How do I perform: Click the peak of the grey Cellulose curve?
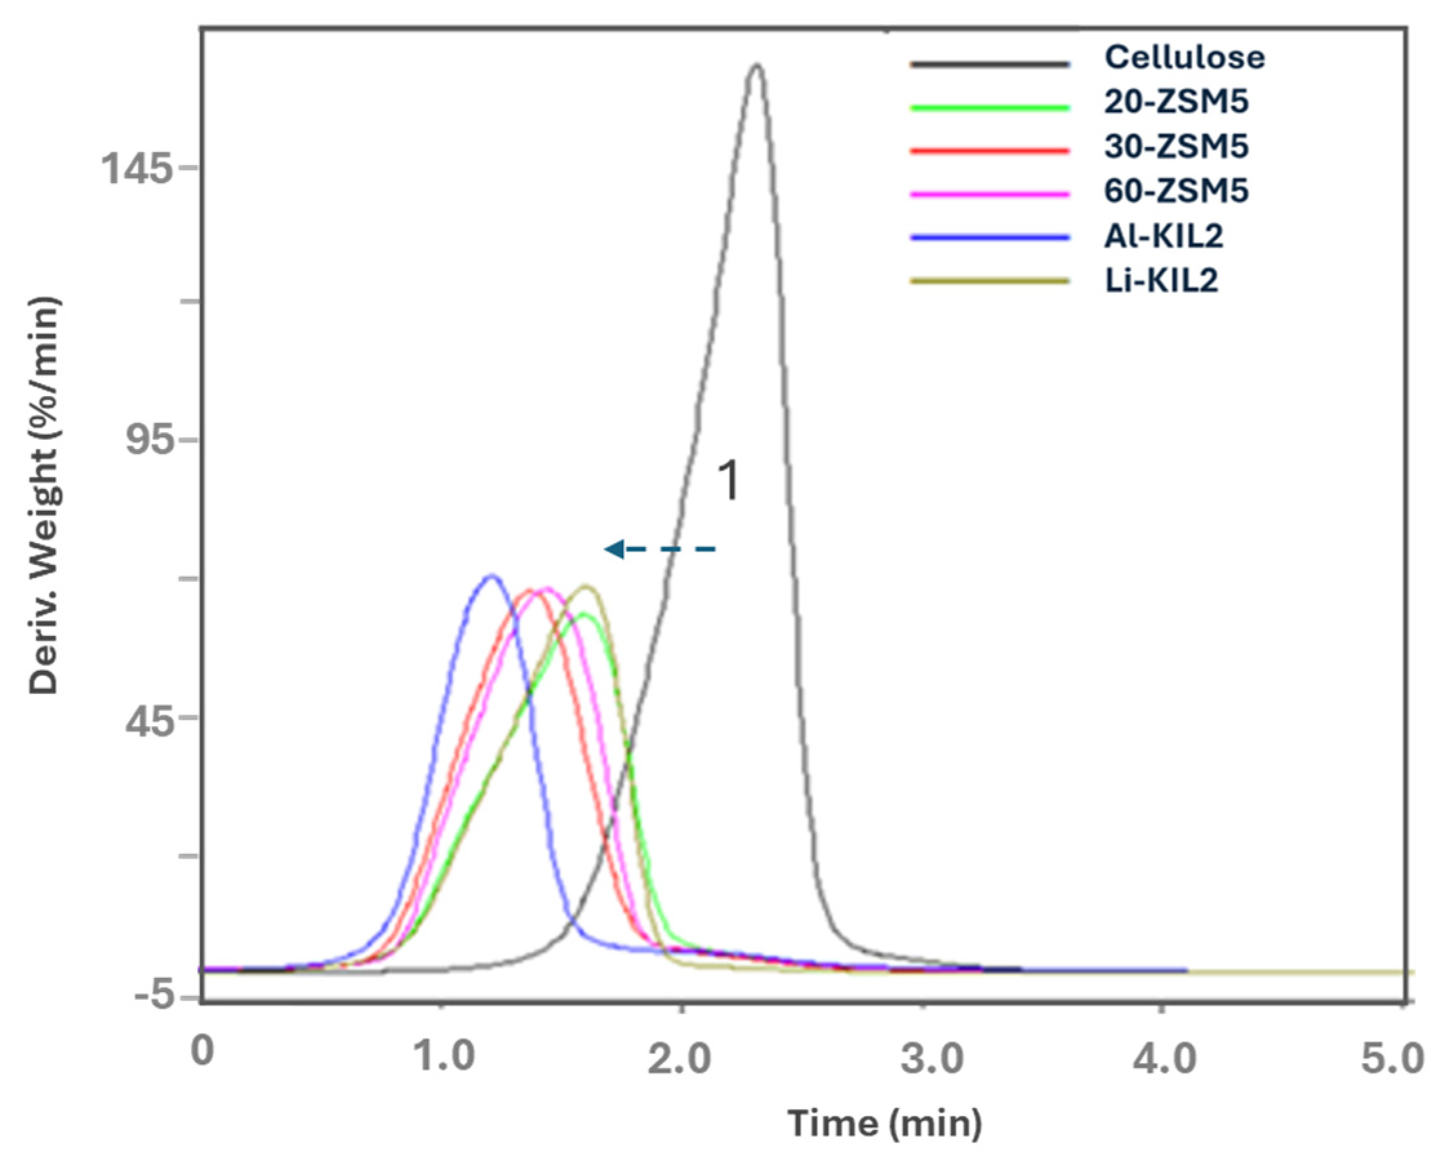pos(757,66)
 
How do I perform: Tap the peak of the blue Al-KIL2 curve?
pos(492,575)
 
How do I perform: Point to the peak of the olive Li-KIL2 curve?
pos(587,587)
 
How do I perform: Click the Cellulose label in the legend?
pos(1184,57)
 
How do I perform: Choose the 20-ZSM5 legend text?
pos(1176,102)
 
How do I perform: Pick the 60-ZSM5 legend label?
pos(1176,191)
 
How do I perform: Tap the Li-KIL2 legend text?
pos(1161,281)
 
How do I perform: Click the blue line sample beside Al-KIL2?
pos(990,237)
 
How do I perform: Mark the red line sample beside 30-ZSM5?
pos(990,150)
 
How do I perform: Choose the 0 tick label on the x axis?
pos(202,1051)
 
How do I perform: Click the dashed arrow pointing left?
pos(659,550)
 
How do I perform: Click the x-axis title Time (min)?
pos(885,1124)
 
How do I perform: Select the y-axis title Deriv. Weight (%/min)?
pos(45,495)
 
